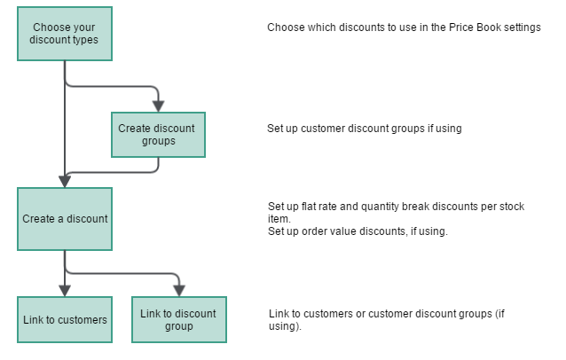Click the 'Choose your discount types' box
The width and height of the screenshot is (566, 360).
pyautogui.click(x=64, y=34)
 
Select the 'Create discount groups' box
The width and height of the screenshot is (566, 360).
pyautogui.click(x=158, y=134)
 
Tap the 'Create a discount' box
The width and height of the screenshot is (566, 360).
pyautogui.click(x=64, y=219)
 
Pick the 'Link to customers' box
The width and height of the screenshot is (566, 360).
pyautogui.click(x=64, y=320)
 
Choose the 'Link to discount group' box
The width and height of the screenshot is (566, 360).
pyautogui.click(x=178, y=320)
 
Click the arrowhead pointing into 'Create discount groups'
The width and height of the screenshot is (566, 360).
pyautogui.click(x=158, y=106)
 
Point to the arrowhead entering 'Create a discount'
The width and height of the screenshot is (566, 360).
pyautogui.click(x=65, y=181)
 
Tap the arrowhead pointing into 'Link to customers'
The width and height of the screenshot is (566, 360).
pyautogui.click(x=65, y=291)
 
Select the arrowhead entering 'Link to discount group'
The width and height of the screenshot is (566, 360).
pyautogui.click(x=178, y=291)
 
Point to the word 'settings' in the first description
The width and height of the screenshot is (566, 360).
pyautogui.click(x=521, y=27)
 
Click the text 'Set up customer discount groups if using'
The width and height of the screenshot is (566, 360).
pyautogui.click(x=364, y=129)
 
